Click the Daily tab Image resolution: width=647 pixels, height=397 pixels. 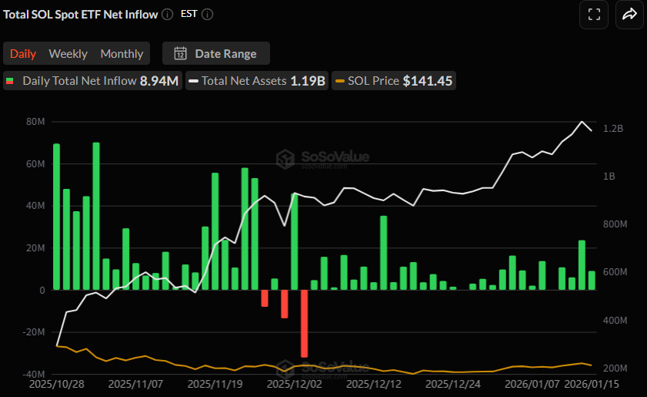[x=23, y=53]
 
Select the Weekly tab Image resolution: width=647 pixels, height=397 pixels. [x=68, y=53]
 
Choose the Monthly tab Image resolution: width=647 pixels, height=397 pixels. [x=122, y=53]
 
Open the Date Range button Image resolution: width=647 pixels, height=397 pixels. [x=215, y=53]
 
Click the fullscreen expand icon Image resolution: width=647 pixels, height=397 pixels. [x=593, y=14]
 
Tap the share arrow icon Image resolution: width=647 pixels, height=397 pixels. [x=629, y=14]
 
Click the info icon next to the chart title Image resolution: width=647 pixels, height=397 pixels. [x=168, y=14]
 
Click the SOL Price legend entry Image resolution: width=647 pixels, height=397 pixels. [x=393, y=80]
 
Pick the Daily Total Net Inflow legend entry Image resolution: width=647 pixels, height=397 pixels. [x=92, y=80]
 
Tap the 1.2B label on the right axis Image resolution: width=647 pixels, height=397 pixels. [x=613, y=129]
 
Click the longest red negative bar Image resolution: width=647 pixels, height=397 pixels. [x=304, y=322]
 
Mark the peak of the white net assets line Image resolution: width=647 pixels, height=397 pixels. [x=582, y=122]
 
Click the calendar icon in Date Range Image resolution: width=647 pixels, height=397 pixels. [x=180, y=53]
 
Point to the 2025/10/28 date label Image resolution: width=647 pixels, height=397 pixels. [x=56, y=382]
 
